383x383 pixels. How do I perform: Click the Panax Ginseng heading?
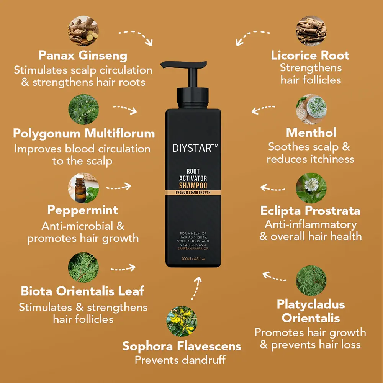pos(83,56)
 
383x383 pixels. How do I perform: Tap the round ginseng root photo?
pos(83,31)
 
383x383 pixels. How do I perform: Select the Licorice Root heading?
pos(310,55)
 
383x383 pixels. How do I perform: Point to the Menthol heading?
pos(311,133)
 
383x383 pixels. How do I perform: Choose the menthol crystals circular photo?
pos(311,109)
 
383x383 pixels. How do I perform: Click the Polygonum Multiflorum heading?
pos(84,133)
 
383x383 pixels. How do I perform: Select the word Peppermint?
pos(83,210)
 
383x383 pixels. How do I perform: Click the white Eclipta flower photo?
pos(311,188)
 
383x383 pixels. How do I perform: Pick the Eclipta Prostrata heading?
pos(310,211)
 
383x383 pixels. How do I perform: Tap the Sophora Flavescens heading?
pos(182,346)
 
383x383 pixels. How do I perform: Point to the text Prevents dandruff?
pos(180,360)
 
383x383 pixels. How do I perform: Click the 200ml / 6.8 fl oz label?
pos(193,259)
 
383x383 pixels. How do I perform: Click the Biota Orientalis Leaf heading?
pos(82,291)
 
